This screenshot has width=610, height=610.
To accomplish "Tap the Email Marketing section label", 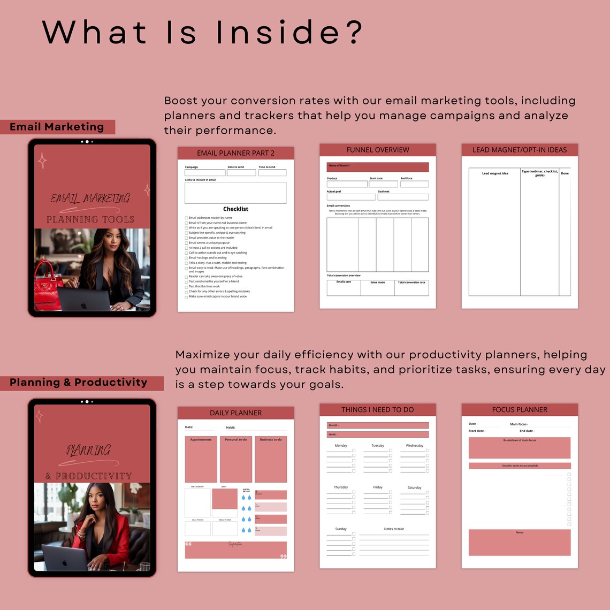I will [57, 127].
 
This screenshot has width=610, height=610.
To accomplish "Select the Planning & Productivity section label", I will [79, 383].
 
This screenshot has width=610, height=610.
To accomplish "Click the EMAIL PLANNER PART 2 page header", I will [235, 153].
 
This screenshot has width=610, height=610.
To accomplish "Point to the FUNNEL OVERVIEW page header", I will [377, 150].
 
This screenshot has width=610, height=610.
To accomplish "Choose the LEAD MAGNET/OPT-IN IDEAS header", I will [519, 150].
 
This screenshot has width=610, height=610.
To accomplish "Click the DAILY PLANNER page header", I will [235, 413].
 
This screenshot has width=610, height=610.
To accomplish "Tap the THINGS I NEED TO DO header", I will [377, 409].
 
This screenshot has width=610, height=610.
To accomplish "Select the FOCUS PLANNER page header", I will [519, 409].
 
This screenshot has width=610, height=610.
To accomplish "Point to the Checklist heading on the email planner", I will [235, 209].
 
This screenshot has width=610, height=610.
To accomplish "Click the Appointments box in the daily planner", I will [201, 459].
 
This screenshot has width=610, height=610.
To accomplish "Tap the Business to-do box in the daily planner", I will [270, 459].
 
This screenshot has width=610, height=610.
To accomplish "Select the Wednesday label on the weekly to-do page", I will [414, 445].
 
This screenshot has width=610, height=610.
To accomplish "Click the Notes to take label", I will [394, 529].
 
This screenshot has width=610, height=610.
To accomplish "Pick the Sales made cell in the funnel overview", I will [377, 287].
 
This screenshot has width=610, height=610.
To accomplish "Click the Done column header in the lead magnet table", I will [565, 173].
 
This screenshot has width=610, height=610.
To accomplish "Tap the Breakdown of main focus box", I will [519, 448].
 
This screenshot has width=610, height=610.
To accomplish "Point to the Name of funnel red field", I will [377, 167].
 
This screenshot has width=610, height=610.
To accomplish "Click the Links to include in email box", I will [235, 193].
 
